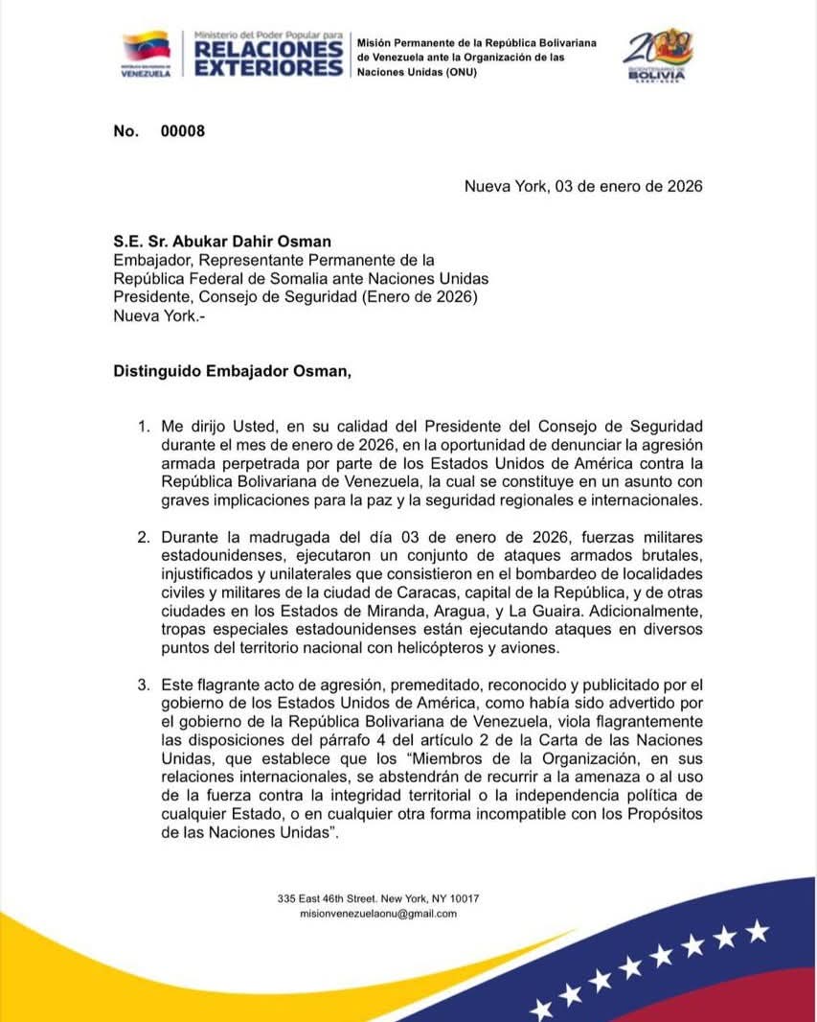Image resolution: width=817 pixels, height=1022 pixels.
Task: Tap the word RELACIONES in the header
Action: [x=268, y=48]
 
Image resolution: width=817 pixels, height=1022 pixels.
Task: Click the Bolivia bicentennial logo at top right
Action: [x=657, y=55]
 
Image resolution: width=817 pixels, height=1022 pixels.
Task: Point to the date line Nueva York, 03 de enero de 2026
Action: [x=583, y=186]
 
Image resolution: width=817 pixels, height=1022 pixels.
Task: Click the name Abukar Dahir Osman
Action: [x=261, y=242]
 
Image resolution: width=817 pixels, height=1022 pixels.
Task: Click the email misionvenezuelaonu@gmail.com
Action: [x=378, y=914]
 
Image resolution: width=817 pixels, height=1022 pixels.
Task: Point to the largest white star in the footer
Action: [x=757, y=929]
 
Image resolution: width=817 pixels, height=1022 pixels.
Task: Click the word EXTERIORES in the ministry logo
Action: [x=268, y=67]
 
